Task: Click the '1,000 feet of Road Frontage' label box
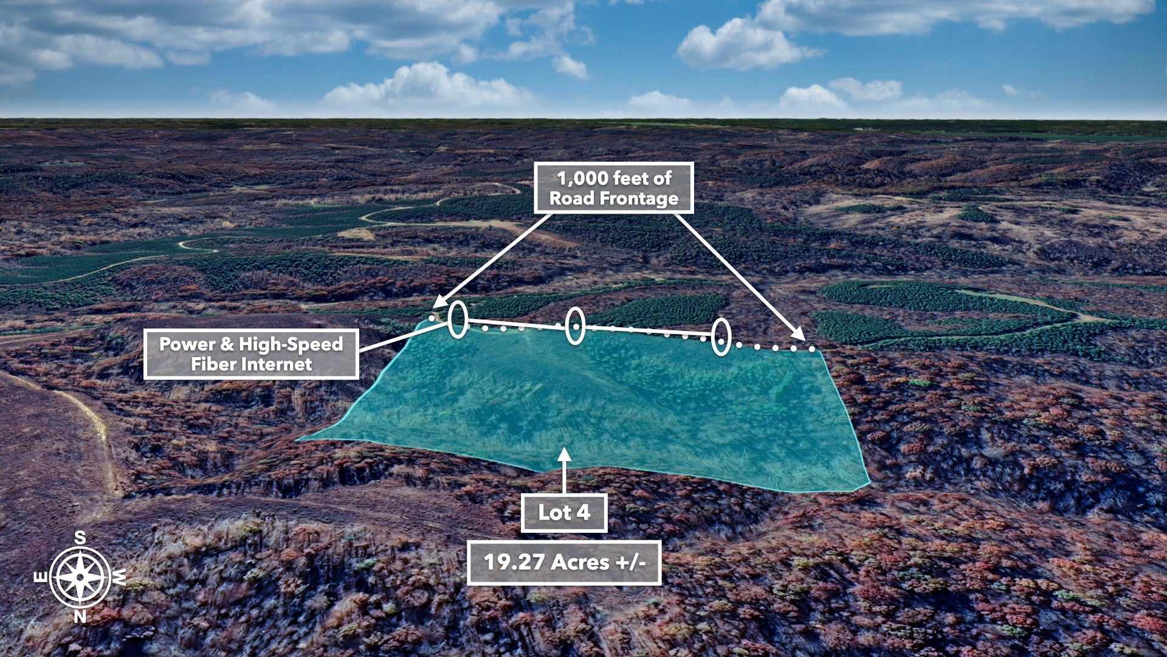614,188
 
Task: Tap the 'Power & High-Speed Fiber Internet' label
251,354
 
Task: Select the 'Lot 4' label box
564,513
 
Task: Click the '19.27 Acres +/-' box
564,562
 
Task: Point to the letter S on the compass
80,538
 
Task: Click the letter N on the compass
80,617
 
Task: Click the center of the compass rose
80,577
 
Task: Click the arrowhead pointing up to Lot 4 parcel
565,456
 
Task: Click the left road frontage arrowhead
441,302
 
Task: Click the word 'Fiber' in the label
215,364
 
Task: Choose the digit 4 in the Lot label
583,512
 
